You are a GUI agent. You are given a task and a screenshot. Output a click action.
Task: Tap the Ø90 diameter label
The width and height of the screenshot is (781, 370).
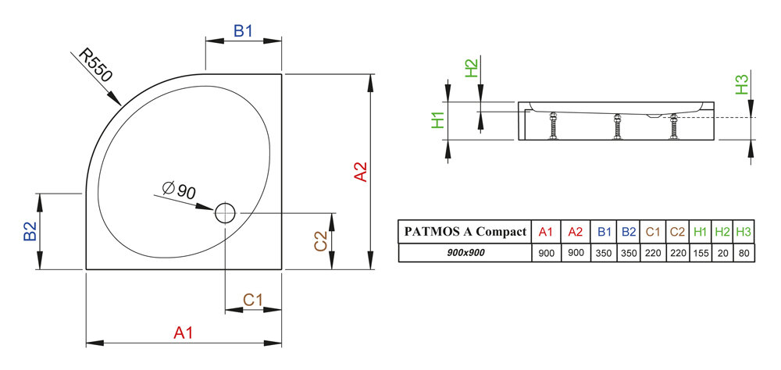(179, 190)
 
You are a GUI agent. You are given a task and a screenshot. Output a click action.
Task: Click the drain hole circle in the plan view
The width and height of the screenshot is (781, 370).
(225, 212)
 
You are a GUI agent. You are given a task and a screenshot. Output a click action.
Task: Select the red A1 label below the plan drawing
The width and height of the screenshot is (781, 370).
(183, 333)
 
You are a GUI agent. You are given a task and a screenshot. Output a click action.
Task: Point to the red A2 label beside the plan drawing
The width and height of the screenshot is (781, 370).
(361, 173)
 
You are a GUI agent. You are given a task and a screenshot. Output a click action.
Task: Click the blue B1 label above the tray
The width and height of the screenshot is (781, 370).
(244, 31)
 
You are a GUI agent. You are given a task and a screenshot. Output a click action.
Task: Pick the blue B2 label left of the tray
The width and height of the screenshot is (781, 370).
(30, 232)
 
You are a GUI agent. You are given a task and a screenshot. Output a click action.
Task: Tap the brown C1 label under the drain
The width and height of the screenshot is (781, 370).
(252, 300)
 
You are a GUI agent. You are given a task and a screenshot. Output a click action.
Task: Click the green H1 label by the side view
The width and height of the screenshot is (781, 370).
(438, 119)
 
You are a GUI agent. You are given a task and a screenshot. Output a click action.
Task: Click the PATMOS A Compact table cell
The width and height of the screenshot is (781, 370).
(465, 232)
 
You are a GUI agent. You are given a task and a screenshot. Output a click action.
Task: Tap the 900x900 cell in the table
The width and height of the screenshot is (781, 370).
(465, 253)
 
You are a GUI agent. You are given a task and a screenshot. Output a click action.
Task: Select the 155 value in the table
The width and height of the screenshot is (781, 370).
(701, 253)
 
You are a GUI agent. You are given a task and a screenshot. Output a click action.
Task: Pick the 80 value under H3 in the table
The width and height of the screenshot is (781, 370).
(744, 253)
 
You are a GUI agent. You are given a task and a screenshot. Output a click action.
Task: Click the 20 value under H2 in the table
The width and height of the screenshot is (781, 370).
(723, 253)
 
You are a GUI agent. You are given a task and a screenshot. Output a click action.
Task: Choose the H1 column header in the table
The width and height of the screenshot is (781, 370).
(701, 232)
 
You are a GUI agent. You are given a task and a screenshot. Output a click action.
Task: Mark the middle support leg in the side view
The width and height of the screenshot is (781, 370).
(618, 126)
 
